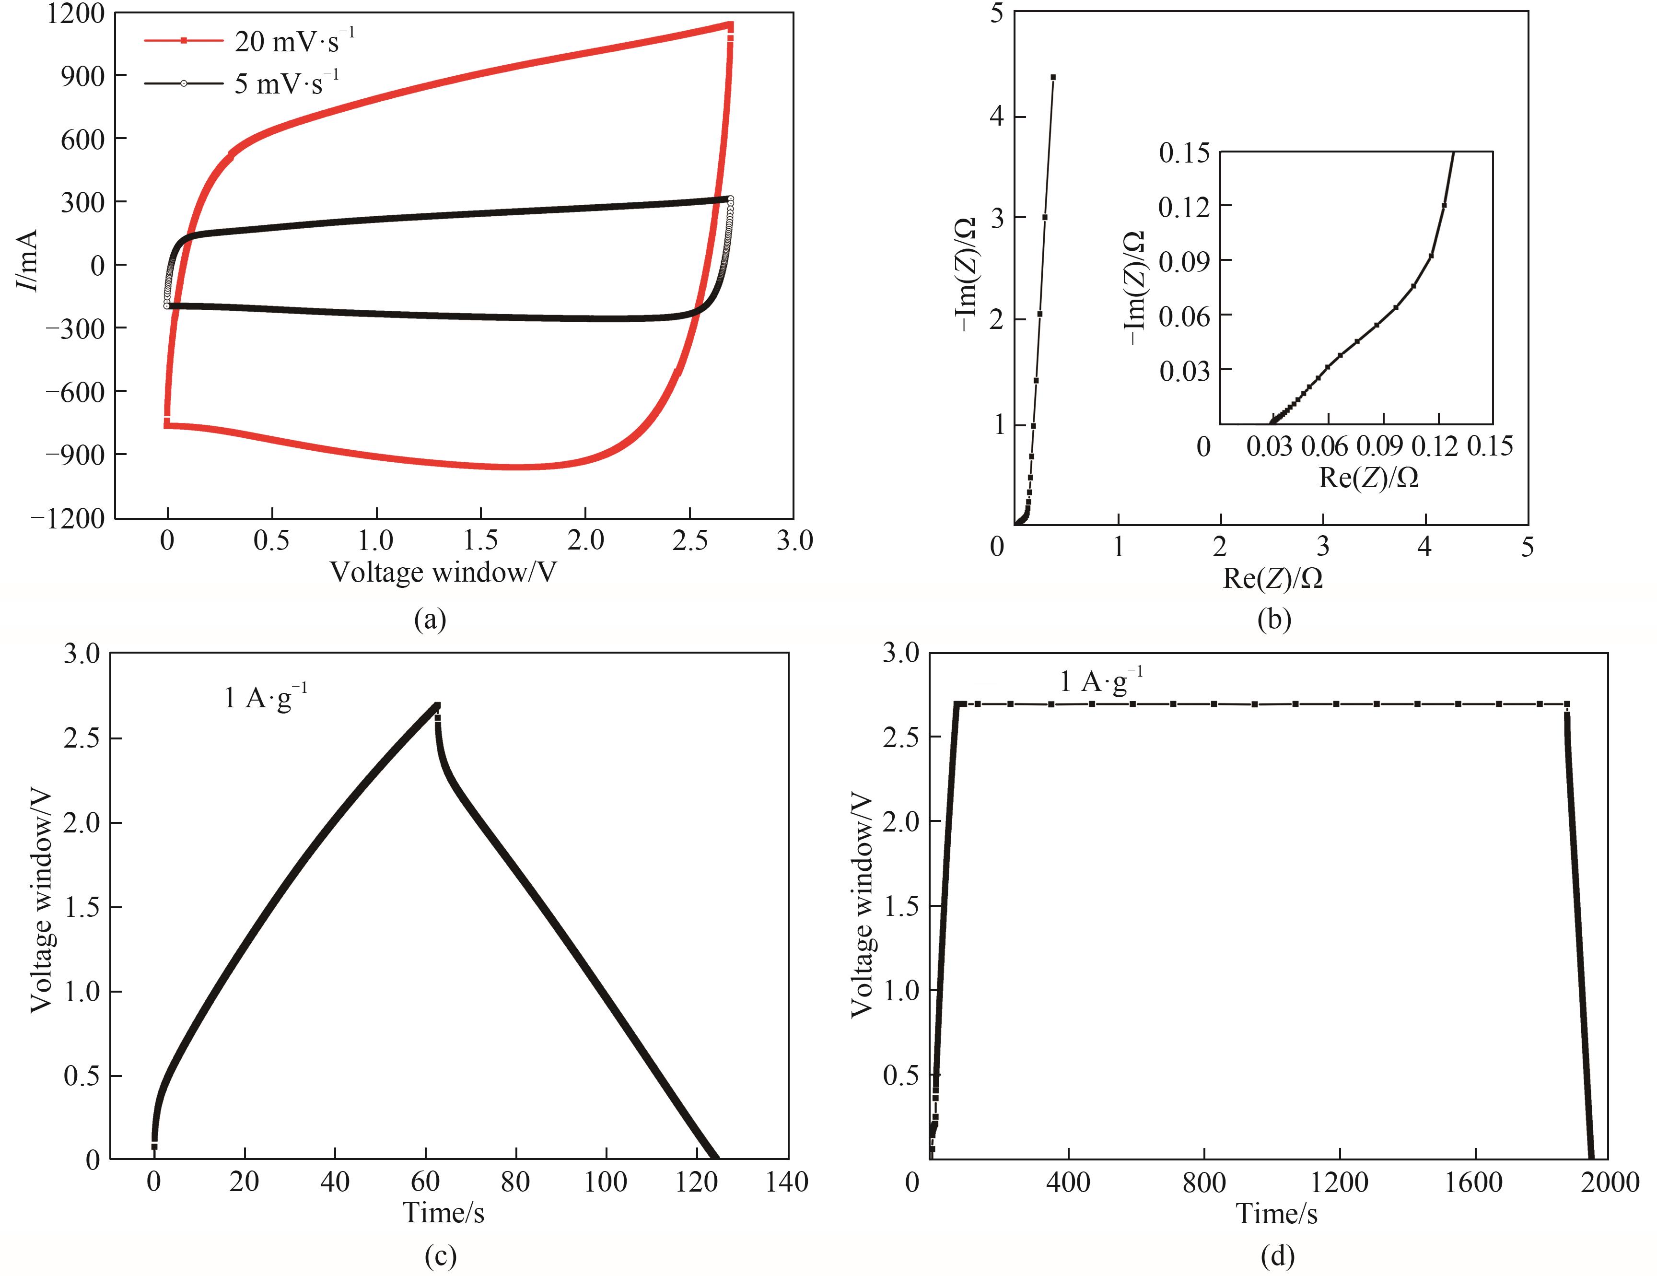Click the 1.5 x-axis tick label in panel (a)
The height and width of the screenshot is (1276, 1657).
480,541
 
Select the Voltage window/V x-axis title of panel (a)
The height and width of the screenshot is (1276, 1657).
443,573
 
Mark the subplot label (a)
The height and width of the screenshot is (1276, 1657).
430,620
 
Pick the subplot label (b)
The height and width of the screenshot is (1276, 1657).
1274,620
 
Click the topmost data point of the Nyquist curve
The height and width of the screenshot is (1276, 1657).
1053,77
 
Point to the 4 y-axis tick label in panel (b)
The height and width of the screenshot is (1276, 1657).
997,117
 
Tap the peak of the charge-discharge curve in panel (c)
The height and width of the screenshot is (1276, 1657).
437,705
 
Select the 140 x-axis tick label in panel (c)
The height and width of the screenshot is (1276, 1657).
787,1182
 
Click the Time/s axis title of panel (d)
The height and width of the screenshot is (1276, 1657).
1277,1214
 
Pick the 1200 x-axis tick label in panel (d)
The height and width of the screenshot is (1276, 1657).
1339,1182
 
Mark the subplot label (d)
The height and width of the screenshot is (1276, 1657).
1277,1256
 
